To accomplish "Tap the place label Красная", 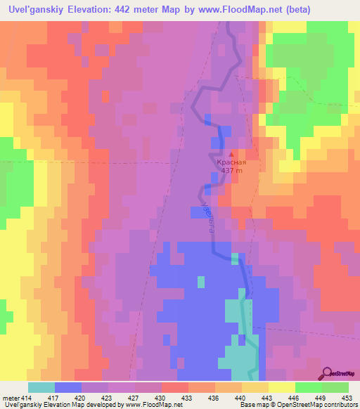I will click(x=231, y=162).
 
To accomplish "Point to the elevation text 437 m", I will click(x=231, y=170).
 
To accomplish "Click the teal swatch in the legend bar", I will click(x=41, y=387).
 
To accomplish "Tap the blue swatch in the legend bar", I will click(x=67, y=387).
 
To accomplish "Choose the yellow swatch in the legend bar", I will click(x=282, y=387).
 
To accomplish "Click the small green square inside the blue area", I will click(x=201, y=282).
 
